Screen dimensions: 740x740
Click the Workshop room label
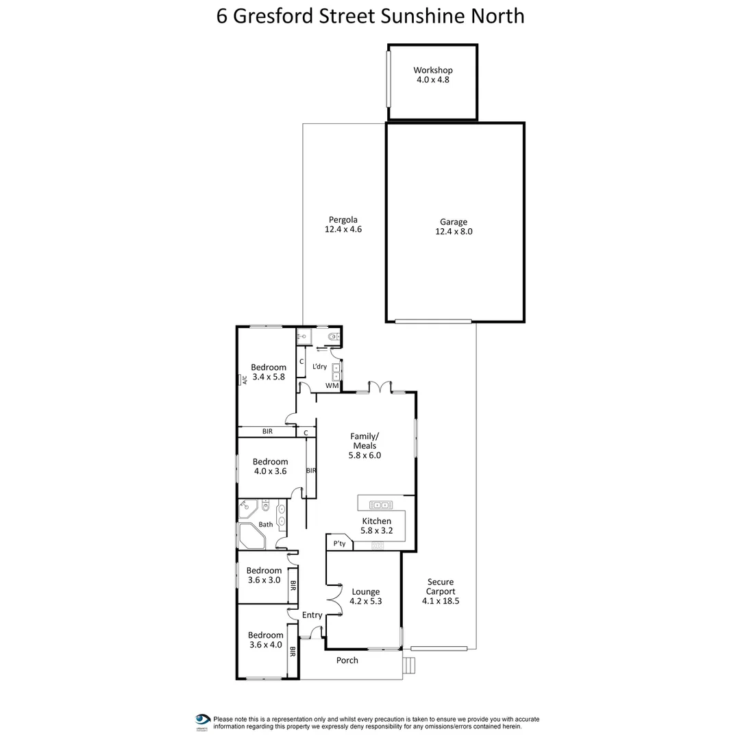coord(433,70)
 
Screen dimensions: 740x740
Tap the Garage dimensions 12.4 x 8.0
coord(454,232)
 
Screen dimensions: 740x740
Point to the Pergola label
coord(343,220)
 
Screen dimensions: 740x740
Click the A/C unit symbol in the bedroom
coord(243,380)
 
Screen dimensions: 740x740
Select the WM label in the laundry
coord(332,386)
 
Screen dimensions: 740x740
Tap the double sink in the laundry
coord(336,372)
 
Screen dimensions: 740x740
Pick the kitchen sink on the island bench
coord(380,505)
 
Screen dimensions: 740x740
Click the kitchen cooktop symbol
coord(377,545)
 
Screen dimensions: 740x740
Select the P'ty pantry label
coord(338,543)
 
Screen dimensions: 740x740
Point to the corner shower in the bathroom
coord(247,508)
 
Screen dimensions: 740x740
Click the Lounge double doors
coord(336,600)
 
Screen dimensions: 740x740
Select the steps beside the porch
coord(408,665)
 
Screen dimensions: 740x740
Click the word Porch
coord(347,661)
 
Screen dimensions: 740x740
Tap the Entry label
coord(312,615)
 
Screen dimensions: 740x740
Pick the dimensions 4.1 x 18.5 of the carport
coord(440,601)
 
